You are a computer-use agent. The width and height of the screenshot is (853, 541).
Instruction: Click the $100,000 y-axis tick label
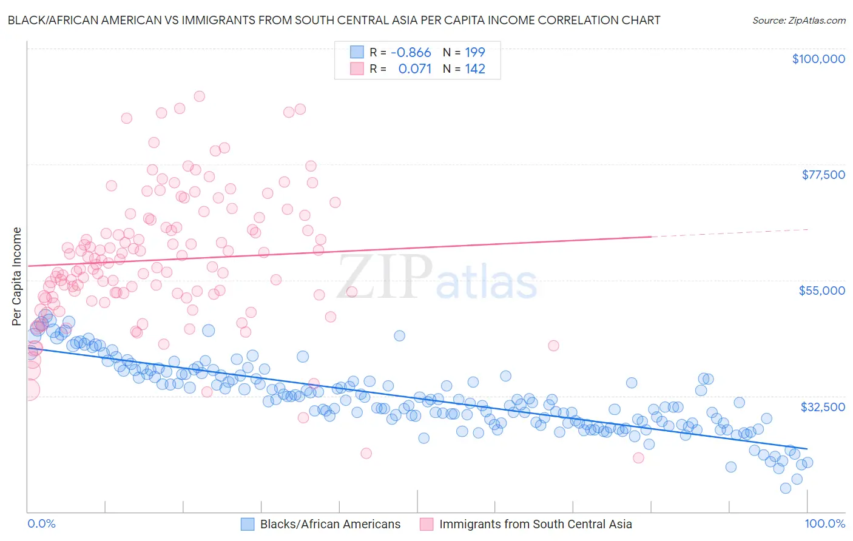coord(818,59)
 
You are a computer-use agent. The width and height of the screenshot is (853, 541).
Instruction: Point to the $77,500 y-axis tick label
coord(823,175)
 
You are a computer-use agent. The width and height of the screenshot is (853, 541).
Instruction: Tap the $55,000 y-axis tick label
coord(821,291)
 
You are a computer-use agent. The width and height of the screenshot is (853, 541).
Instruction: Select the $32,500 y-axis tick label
coord(823,407)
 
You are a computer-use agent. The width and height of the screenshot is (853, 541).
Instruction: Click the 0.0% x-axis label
coord(41,524)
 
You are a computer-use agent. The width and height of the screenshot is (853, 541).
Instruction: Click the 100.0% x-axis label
coord(824,524)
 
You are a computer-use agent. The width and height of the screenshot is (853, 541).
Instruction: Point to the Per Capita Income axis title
coord(16,276)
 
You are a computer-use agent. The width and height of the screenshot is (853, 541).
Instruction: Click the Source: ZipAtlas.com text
coord(798,20)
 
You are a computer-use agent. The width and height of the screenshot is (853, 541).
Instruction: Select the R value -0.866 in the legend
coord(411,52)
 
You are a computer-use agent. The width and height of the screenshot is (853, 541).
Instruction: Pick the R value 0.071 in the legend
coord(414,69)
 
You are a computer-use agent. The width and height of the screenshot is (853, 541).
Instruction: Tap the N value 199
coord(474,52)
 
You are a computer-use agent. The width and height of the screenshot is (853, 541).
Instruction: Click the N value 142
coord(474,69)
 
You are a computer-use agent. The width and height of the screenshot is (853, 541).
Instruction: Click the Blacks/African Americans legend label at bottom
coord(330,524)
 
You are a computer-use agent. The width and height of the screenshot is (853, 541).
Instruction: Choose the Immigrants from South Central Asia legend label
coord(535,524)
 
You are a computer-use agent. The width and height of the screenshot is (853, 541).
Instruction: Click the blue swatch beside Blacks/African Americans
coord(248,524)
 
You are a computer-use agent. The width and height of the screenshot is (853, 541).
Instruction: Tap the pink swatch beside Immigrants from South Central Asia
coord(426,524)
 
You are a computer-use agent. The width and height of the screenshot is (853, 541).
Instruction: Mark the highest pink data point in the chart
coord(199,96)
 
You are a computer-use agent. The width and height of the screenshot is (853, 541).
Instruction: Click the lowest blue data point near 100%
coord(785,488)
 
